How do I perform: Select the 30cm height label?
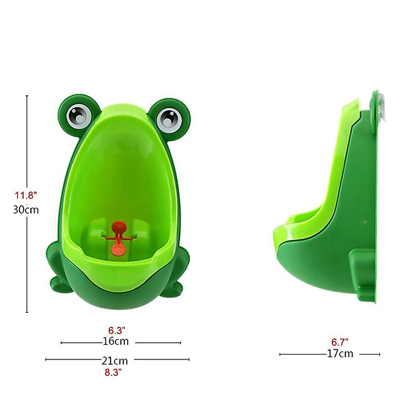[26, 209]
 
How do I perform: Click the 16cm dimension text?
[116, 341]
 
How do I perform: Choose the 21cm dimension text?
[114, 360]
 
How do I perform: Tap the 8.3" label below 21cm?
[113, 372]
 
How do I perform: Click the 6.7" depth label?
[340, 342]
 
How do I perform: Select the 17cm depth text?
[340, 354]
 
